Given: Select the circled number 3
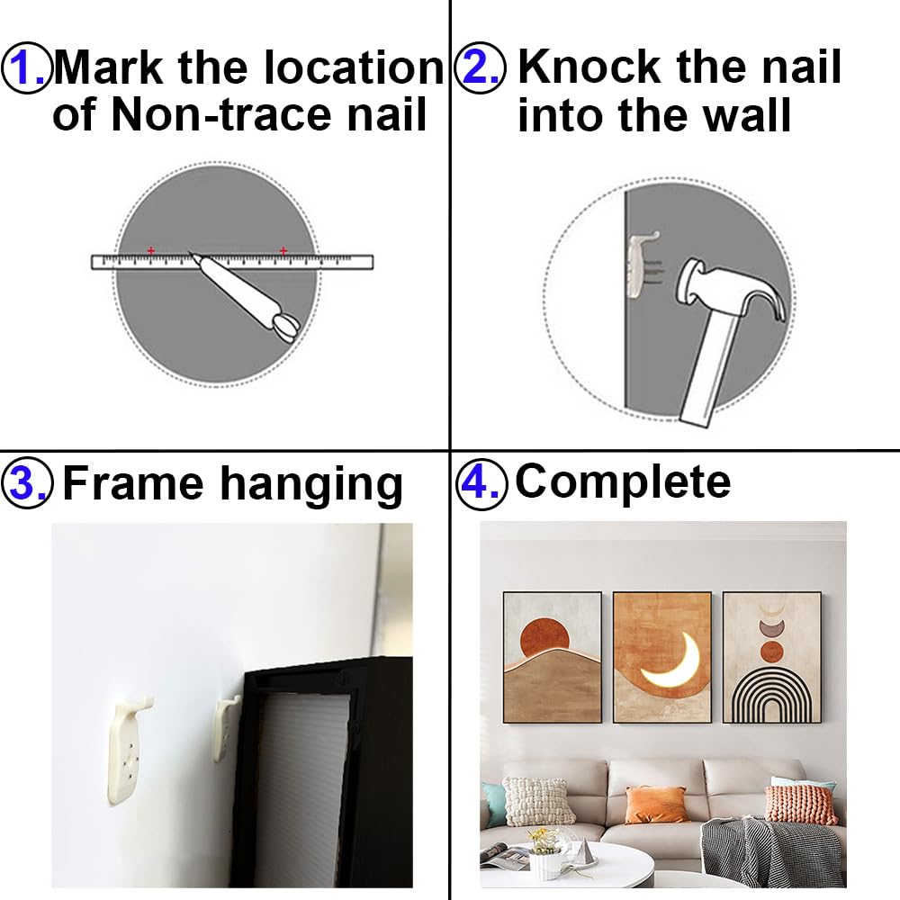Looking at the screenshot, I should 27,484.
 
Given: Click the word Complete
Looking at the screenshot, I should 622,481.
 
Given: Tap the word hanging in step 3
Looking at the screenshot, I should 311,486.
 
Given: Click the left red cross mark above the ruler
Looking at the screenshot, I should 150,250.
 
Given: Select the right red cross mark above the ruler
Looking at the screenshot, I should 283,250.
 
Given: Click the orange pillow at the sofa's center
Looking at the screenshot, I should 656,804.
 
